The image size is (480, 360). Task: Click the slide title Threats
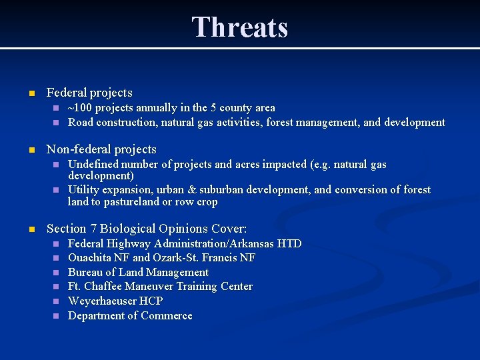[240, 28]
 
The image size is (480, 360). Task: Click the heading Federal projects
[89, 93]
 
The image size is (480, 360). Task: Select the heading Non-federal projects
[101, 149]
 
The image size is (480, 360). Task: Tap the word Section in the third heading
[67, 229]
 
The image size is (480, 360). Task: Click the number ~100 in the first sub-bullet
[81, 108]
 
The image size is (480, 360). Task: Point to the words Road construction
[110, 123]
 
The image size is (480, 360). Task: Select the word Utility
[84, 190]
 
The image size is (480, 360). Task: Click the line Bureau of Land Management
[138, 273]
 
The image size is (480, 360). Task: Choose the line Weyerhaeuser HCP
[115, 301]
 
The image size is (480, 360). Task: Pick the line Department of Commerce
[130, 316]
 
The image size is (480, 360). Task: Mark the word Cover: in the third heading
[229, 229]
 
